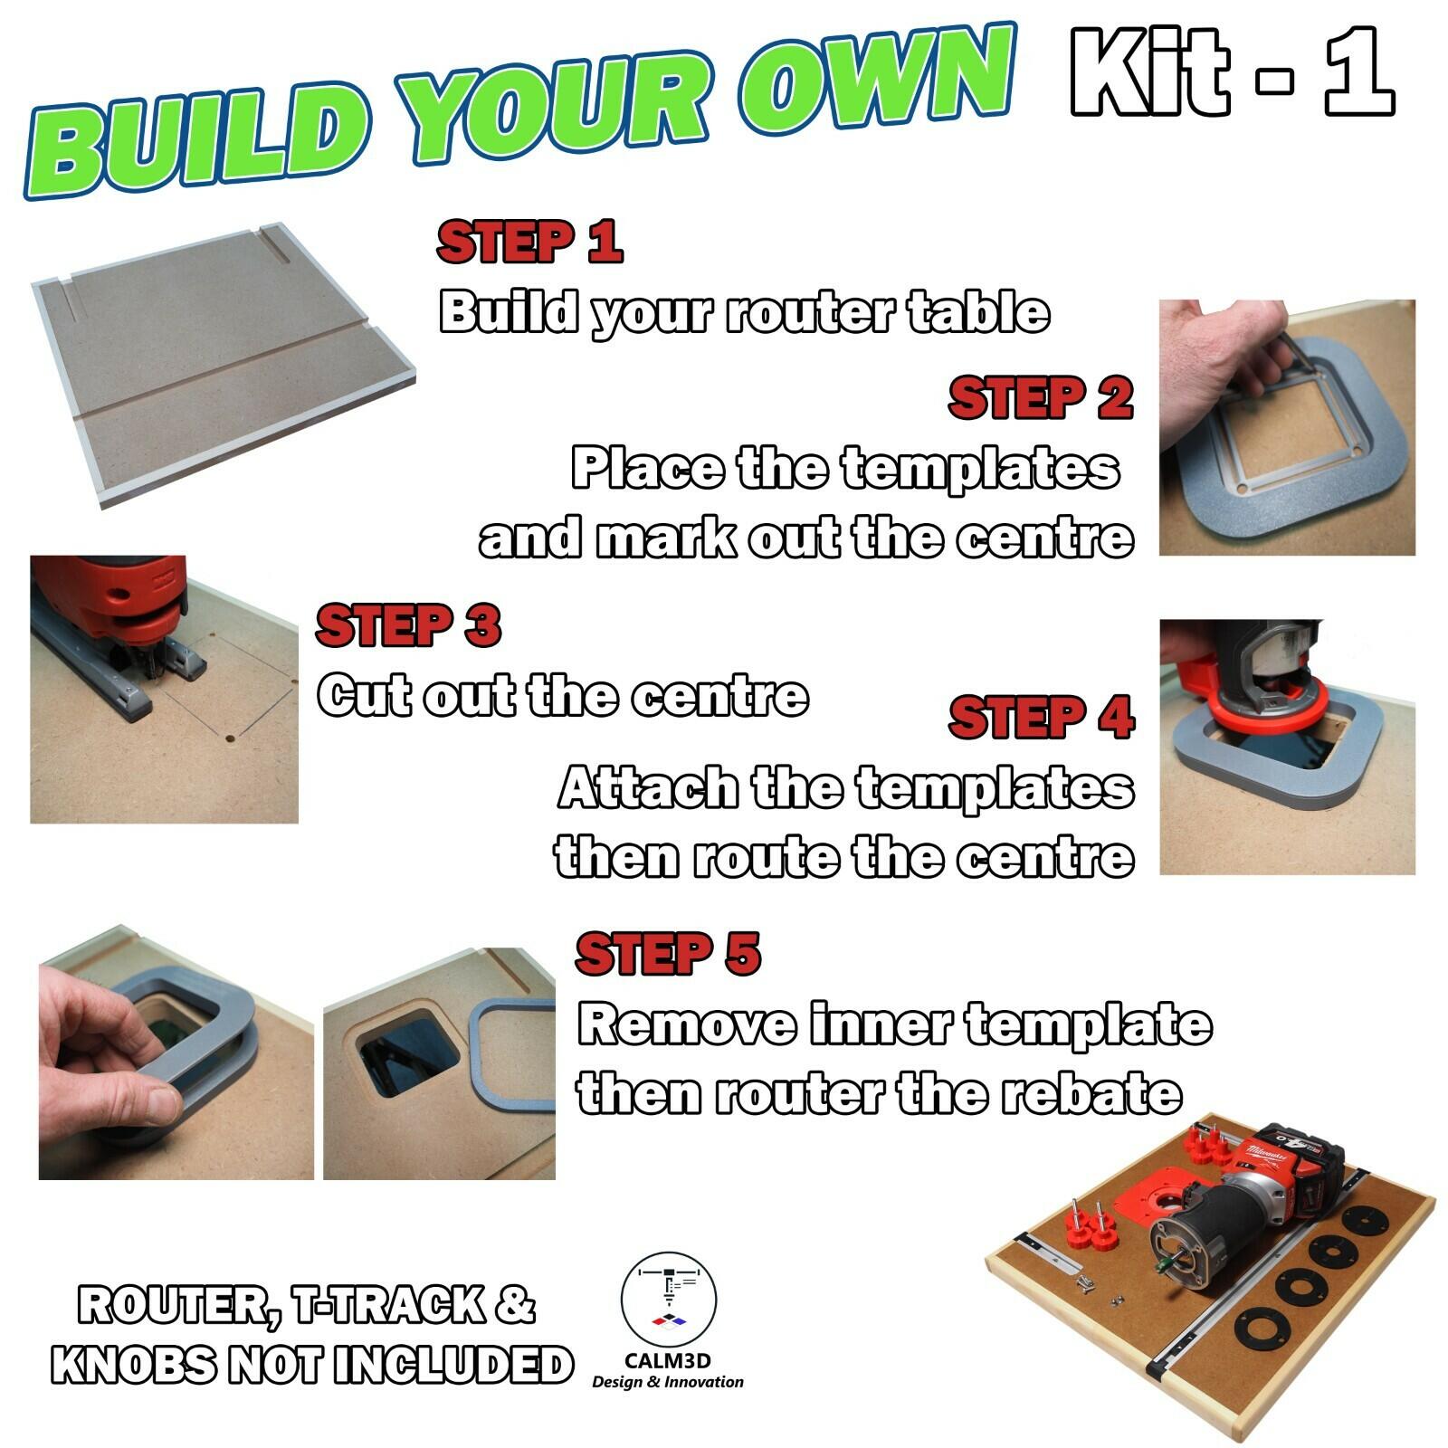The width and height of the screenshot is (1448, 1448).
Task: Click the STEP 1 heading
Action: click(529, 242)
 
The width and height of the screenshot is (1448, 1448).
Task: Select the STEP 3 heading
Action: click(408, 625)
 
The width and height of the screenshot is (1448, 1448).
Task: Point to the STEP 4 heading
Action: click(1041, 719)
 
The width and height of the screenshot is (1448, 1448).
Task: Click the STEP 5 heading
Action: click(668, 954)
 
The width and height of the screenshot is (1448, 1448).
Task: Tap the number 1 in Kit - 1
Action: click(1357, 72)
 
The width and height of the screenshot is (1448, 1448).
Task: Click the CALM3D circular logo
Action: click(668, 1300)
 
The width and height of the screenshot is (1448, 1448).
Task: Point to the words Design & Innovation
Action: click(668, 1382)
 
